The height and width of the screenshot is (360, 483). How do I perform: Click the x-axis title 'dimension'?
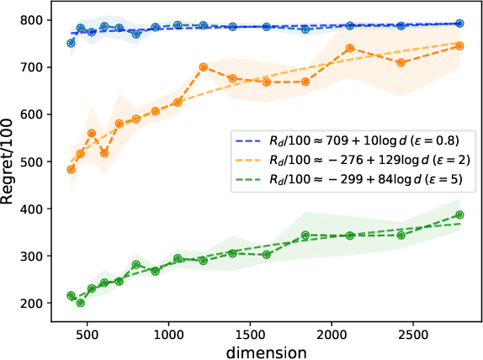(266, 348)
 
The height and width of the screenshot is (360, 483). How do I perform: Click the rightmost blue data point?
(459, 24)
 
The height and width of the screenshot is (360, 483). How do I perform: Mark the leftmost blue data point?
(71, 43)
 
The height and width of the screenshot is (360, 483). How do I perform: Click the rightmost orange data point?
(459, 46)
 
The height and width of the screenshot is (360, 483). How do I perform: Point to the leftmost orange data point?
(71, 169)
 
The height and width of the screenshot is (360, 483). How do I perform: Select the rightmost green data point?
(459, 214)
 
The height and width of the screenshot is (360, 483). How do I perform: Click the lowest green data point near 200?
(81, 302)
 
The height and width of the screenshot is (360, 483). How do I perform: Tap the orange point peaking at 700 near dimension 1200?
(203, 67)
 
